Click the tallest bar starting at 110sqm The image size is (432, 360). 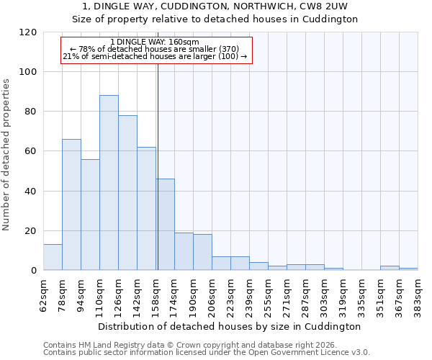tap(109, 183)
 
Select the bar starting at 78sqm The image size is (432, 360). tap(71, 204)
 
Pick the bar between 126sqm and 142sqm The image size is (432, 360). tap(127, 193)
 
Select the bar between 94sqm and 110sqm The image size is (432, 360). tap(90, 215)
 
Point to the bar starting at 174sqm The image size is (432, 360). tap(184, 251)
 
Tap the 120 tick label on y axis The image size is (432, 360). tap(28, 32)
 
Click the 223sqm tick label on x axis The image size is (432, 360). tap(230, 295)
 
